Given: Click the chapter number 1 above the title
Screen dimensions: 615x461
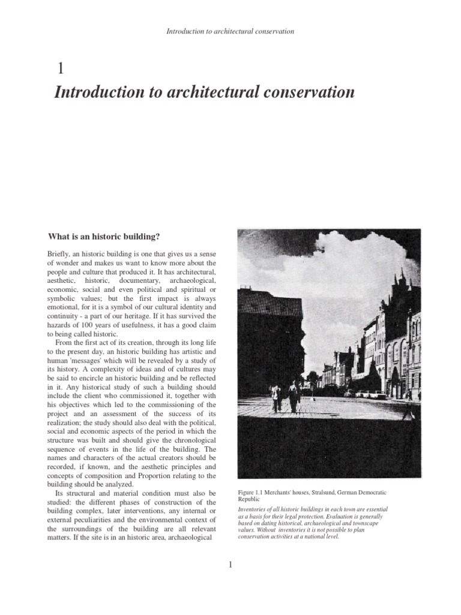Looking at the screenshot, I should point(59,68).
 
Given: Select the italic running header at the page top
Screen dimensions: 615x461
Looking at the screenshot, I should point(230,31).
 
